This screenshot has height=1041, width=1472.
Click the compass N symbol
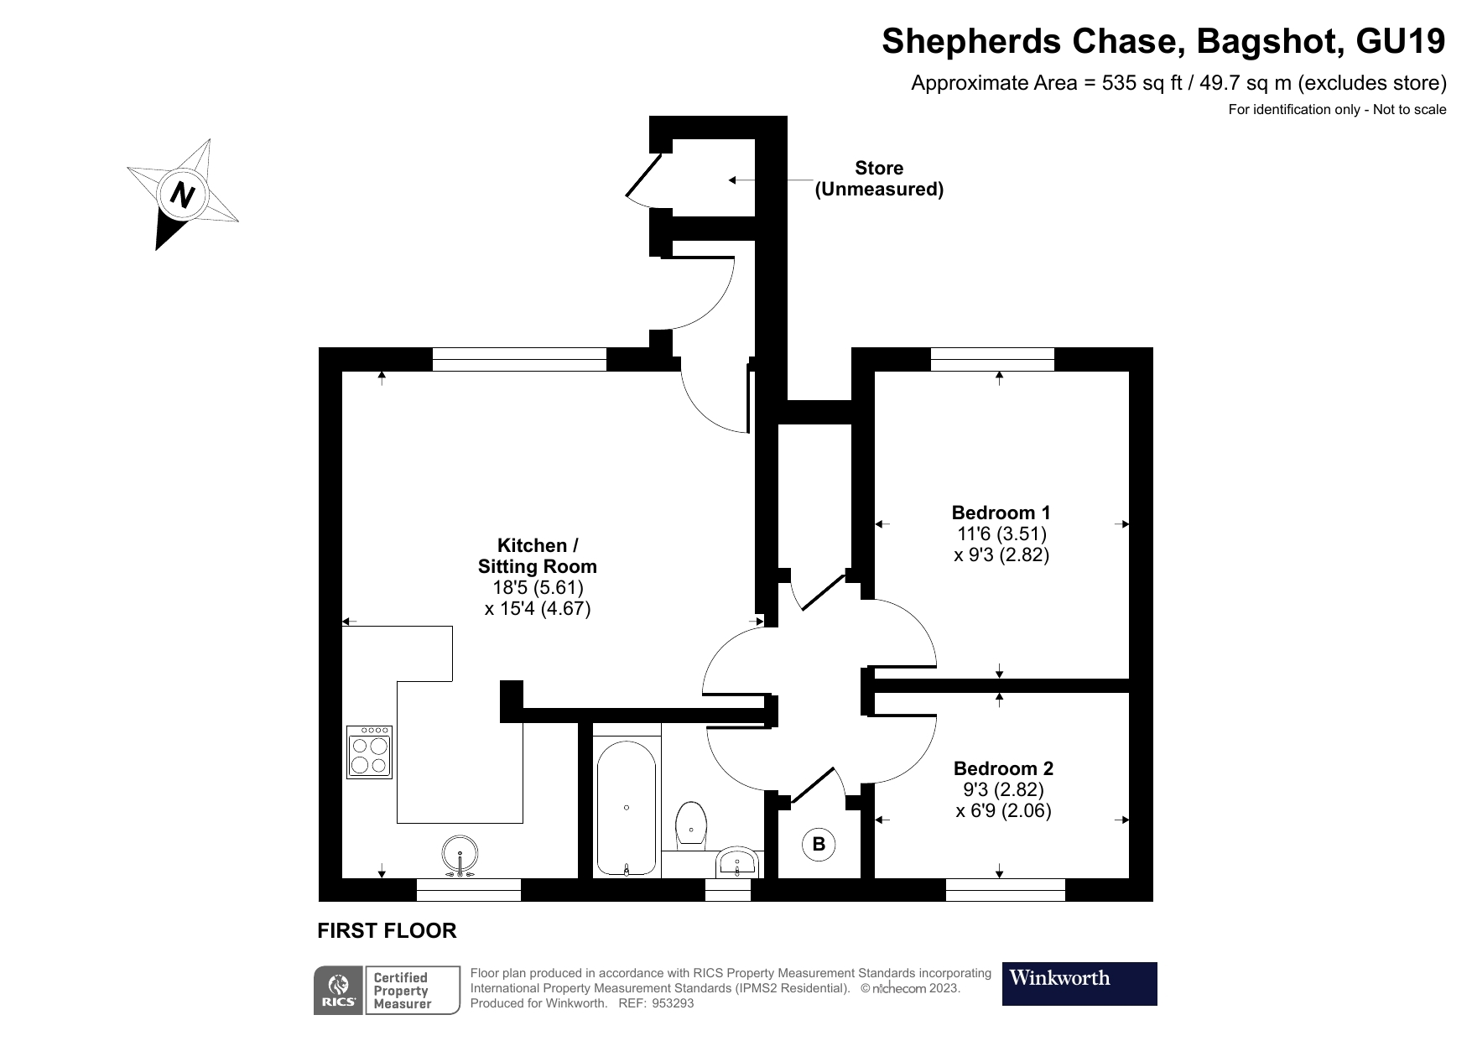click(x=182, y=195)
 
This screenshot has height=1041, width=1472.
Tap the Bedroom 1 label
click(x=1001, y=512)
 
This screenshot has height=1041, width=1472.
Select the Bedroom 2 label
click(x=1003, y=768)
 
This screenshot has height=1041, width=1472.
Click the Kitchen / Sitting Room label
click(x=538, y=555)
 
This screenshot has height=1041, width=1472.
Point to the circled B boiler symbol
click(x=819, y=844)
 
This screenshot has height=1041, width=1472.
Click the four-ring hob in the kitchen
click(x=370, y=752)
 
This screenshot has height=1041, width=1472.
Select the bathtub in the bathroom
click(x=627, y=808)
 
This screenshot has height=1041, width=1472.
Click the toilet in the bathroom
click(x=691, y=825)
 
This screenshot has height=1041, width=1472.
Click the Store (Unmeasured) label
click(x=879, y=179)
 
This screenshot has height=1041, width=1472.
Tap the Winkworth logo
click(x=1079, y=983)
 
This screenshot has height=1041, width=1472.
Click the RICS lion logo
click(x=339, y=991)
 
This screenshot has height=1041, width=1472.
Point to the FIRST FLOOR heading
click(x=387, y=930)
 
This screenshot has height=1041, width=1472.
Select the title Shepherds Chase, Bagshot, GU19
click(x=1163, y=41)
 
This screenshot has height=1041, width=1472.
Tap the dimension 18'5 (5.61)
click(x=538, y=587)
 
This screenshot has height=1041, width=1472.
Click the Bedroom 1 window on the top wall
click(x=992, y=359)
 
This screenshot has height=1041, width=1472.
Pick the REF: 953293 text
click(x=656, y=1003)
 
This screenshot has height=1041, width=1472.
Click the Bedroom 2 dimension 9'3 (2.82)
click(x=1003, y=789)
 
